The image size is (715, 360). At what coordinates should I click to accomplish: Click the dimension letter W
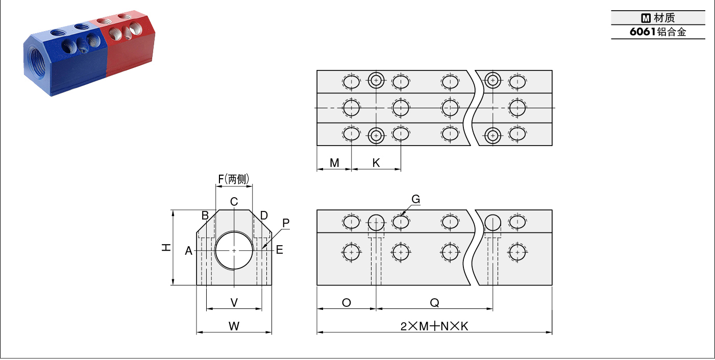tap(234, 326)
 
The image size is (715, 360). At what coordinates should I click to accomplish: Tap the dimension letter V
tap(234, 302)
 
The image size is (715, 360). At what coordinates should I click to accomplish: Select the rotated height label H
tap(166, 247)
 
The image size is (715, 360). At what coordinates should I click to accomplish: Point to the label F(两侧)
tap(233, 179)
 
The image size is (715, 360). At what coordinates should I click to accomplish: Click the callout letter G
tap(415, 199)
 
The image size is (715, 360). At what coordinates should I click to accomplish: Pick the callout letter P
tap(286, 223)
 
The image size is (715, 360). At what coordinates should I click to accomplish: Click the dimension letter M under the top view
tap(334, 163)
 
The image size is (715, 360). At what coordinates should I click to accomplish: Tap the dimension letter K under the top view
tap(376, 163)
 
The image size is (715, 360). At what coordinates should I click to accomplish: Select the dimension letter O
tap(347, 302)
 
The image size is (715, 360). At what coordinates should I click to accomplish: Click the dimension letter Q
tap(434, 302)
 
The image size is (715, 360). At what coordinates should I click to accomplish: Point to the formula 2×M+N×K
tap(434, 326)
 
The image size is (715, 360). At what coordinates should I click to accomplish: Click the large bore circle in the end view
tap(234, 232)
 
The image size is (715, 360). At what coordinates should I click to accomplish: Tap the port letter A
tap(189, 251)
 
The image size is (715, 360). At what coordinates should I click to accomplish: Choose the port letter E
tap(279, 250)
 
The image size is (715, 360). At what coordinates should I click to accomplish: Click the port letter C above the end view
tap(234, 202)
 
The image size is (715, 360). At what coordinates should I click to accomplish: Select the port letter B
tap(205, 215)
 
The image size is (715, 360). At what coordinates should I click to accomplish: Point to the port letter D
tap(264, 215)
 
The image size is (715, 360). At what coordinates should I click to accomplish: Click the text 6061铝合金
tap(658, 32)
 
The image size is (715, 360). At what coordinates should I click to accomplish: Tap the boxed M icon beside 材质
tap(646, 18)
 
